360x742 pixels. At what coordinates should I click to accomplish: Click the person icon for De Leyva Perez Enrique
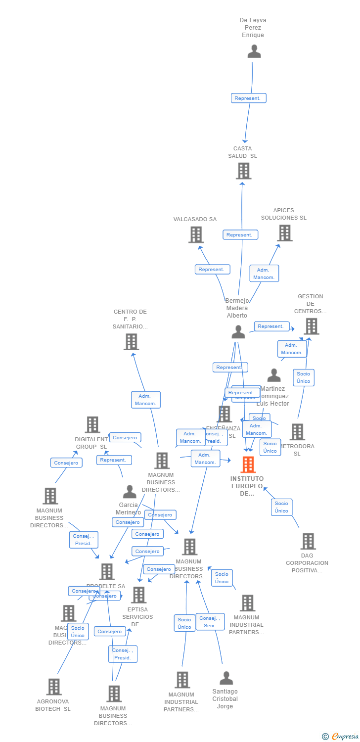click(254, 51)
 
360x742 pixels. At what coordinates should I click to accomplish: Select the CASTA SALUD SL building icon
click(243, 171)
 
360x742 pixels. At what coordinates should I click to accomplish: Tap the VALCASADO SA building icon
click(196, 234)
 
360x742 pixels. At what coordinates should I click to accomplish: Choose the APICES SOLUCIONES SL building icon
click(284, 233)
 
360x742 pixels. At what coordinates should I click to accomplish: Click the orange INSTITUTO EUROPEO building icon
click(248, 464)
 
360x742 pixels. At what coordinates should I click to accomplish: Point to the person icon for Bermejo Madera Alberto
click(238, 332)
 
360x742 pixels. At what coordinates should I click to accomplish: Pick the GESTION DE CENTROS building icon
click(311, 326)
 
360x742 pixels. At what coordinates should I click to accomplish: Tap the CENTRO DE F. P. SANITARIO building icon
click(131, 342)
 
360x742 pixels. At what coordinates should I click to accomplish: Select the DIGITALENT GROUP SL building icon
click(92, 425)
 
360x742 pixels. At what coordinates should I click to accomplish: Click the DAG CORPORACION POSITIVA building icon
click(308, 541)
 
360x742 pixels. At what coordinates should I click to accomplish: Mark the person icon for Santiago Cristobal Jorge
click(226, 678)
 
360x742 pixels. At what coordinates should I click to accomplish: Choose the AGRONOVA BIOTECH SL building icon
click(54, 687)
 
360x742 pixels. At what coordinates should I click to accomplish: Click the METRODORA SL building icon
click(297, 432)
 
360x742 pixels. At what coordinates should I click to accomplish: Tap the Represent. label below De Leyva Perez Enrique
click(248, 98)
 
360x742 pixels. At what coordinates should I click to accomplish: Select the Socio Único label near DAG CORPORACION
click(281, 507)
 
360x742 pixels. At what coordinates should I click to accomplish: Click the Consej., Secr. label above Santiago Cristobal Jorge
click(210, 622)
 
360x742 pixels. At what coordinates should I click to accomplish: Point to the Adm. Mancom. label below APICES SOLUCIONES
click(264, 274)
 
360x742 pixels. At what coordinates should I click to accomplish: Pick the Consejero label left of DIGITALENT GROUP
click(66, 463)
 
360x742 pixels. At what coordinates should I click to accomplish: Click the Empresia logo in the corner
click(341, 737)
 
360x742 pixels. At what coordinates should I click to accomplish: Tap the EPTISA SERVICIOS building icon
click(138, 595)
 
